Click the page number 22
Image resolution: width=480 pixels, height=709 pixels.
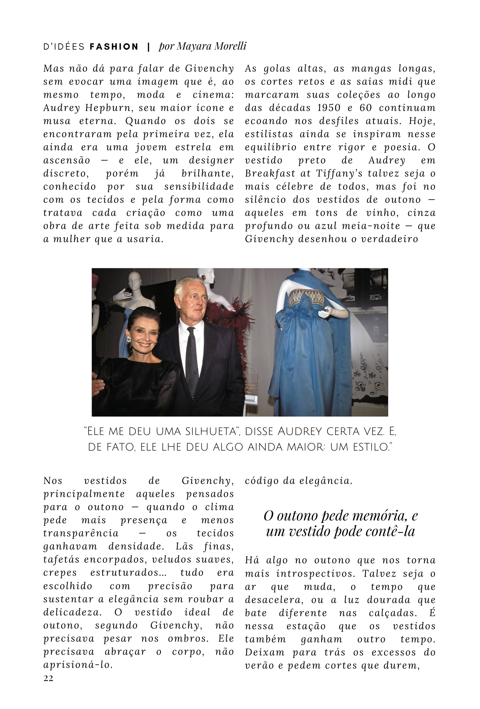coord(48,678)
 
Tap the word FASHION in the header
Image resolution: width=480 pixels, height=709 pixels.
coord(114,47)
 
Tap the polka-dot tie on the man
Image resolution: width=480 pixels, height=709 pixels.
coord(192,362)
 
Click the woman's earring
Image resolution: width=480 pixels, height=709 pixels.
coord(128,339)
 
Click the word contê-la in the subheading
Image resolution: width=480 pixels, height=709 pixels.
coord(393,531)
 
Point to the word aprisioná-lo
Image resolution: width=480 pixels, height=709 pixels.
coord(78,665)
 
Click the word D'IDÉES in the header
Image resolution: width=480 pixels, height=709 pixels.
coord(64,47)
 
